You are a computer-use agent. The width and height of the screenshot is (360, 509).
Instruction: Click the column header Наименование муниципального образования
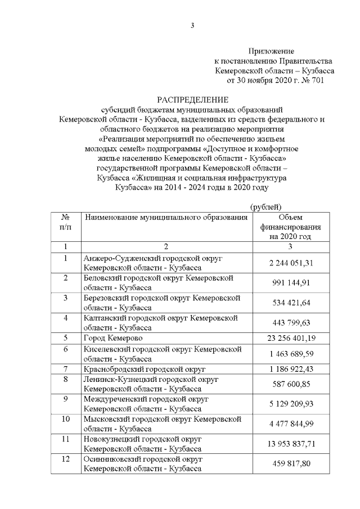point(165,217)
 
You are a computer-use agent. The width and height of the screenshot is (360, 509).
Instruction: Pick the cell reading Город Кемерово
point(113,338)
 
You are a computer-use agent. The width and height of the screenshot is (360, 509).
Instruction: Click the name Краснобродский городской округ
point(144,369)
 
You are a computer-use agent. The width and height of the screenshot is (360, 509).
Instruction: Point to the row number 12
point(66,459)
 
